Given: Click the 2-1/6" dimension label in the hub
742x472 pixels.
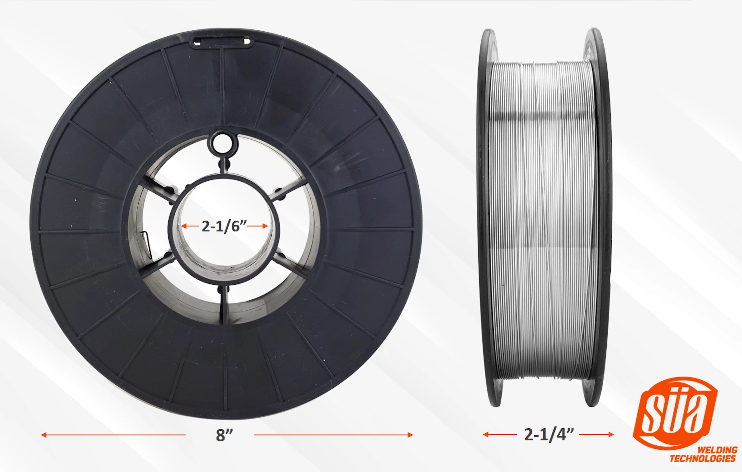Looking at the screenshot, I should [x=224, y=226].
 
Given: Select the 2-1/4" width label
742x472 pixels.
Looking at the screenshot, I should [x=549, y=434].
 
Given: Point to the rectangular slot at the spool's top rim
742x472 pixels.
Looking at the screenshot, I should [x=221, y=42].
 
